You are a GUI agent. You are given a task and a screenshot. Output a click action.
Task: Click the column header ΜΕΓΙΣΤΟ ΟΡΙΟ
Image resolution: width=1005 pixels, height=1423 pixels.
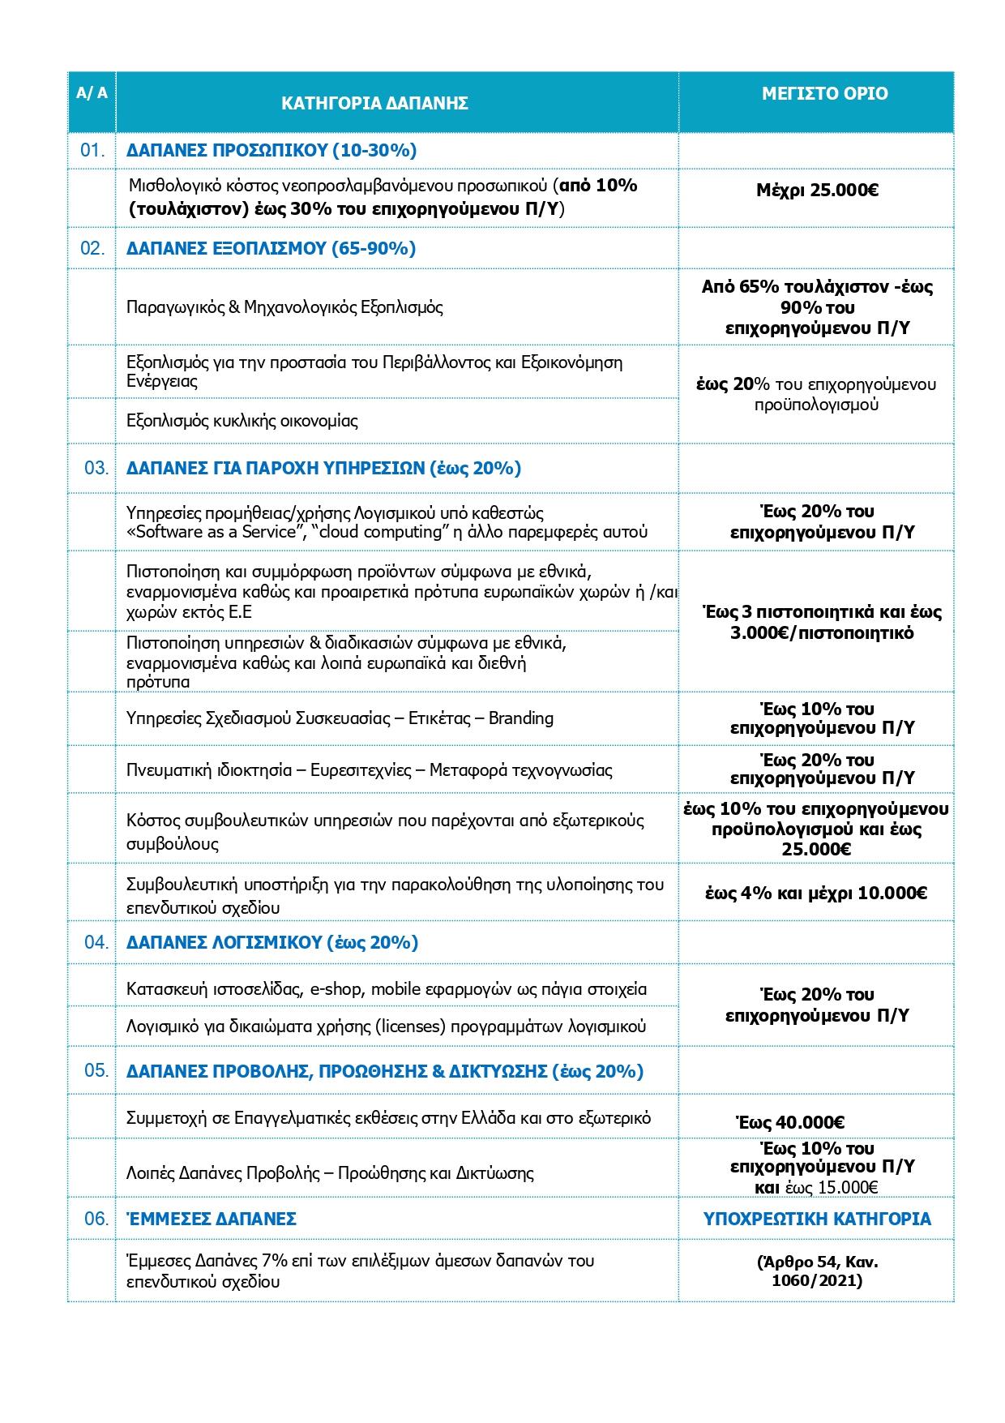pos(824,94)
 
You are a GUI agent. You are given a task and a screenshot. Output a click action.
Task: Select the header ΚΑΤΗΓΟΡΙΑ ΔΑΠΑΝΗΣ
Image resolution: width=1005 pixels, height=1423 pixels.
pos(374,104)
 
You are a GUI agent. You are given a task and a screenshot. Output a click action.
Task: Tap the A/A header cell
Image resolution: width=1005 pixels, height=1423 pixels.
pos(92,93)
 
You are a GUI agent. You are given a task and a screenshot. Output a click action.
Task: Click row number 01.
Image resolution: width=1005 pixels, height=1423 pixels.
pos(92,151)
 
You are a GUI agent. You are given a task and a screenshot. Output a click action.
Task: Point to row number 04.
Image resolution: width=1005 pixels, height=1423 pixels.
pos(96,942)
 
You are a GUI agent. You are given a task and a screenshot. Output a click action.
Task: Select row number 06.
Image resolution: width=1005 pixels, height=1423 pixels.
pos(96,1219)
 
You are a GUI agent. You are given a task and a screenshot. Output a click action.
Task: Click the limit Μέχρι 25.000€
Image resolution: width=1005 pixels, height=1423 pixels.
pos(817,191)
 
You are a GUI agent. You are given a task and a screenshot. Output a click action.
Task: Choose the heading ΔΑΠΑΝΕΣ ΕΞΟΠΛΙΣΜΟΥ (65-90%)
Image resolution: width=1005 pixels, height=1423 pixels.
pos(271,249)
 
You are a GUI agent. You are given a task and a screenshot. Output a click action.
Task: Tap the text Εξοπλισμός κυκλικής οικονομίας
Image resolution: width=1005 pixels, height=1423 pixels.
pos(242,421)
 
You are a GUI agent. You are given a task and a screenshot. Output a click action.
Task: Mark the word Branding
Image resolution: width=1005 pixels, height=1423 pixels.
pos(521,718)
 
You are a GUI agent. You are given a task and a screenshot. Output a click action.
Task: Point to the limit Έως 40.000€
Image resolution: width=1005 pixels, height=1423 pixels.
pos(790,1123)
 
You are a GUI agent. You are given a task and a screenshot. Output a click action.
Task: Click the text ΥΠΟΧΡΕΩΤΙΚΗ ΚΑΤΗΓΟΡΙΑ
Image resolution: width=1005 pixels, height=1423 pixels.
pos(817,1219)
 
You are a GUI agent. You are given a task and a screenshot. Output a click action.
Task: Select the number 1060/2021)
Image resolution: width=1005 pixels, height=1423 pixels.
pos(817,1280)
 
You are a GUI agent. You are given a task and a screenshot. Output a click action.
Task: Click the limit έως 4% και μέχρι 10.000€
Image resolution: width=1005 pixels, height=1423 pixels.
pos(816,894)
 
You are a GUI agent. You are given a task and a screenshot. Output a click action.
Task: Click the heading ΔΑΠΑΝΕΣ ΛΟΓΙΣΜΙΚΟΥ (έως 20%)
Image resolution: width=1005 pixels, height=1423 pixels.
pos(272,943)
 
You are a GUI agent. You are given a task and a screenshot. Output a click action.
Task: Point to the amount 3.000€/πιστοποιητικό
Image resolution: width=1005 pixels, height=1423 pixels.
pos(822,633)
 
